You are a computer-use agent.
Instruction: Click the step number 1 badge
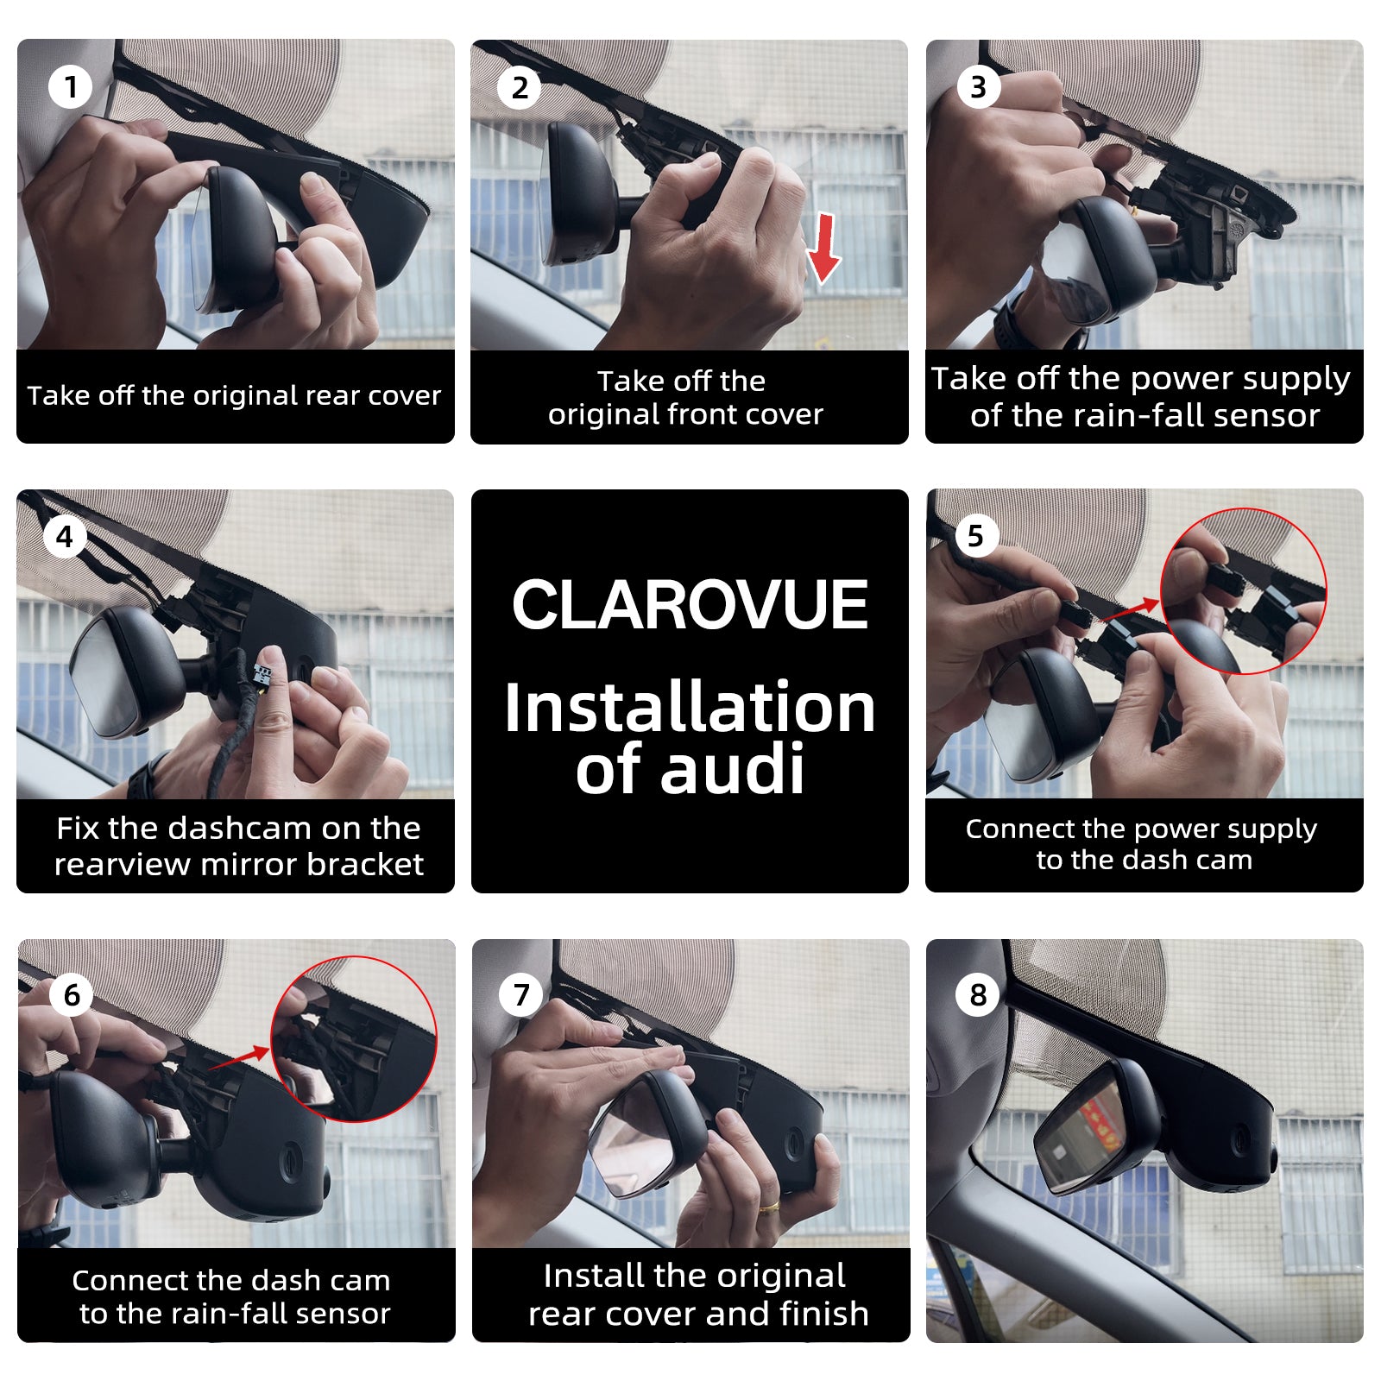tap(71, 86)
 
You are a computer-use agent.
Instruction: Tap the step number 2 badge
tap(520, 87)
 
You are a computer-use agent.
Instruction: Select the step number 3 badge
tap(979, 86)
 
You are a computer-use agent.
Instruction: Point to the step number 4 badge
tap(65, 537)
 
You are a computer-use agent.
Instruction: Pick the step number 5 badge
tap(976, 536)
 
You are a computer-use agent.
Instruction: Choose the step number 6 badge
tap(72, 994)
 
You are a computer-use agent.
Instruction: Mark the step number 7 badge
tap(521, 994)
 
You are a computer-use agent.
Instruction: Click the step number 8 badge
tap(978, 994)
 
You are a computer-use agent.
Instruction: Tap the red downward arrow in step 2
tap(824, 249)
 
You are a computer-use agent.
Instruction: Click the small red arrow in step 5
tap(1132, 609)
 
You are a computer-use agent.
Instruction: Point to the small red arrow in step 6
tap(240, 1058)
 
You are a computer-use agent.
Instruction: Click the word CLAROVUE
tap(690, 604)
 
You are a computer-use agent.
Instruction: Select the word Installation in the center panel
tap(690, 707)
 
